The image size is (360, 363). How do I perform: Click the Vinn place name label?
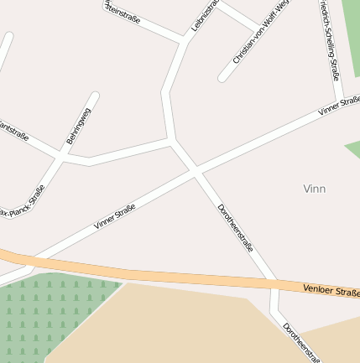click(314, 189)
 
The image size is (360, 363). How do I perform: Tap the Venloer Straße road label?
click(331, 291)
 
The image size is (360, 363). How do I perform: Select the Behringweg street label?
click(79, 126)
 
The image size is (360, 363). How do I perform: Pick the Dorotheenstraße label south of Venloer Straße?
click(301, 342)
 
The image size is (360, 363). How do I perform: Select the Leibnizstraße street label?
click(204, 15)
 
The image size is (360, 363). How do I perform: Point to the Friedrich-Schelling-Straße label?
click(329, 40)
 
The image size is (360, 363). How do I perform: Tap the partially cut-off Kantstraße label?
click(14, 132)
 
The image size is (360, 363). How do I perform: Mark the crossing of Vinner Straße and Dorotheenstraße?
click(196, 171)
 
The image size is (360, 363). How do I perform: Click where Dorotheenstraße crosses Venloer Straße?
click(274, 285)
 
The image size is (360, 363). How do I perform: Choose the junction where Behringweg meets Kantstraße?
click(60, 156)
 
